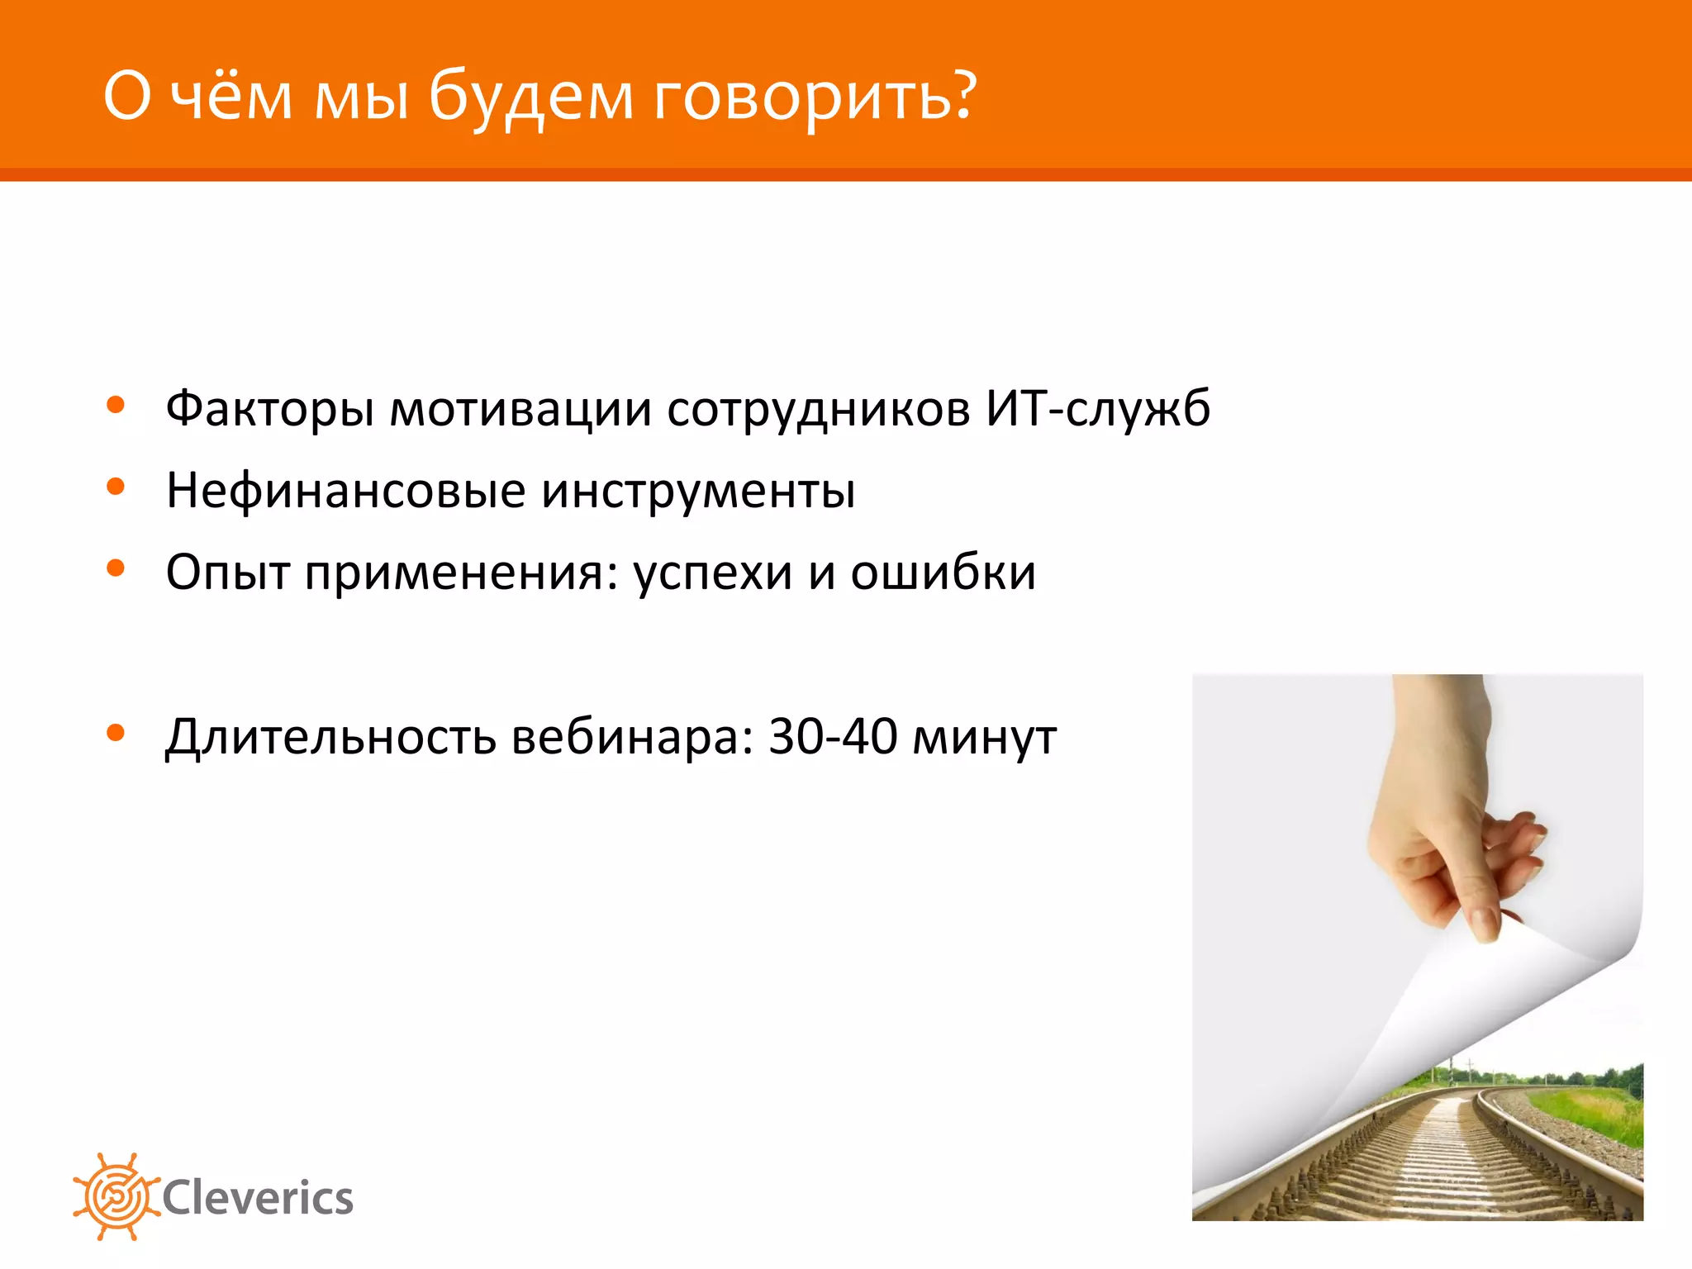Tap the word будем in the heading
click(x=530, y=97)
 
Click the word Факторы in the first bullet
click(x=269, y=409)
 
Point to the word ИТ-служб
click(x=1097, y=407)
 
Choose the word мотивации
click(x=520, y=409)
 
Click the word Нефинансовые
click(x=345, y=490)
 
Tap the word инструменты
click(x=698, y=491)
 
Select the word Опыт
click(x=227, y=573)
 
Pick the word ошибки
click(x=943, y=572)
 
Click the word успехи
click(x=712, y=573)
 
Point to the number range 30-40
click(x=832, y=735)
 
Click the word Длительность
click(x=330, y=736)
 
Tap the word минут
click(x=984, y=737)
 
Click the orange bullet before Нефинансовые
click(x=116, y=486)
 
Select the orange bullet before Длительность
click(x=116, y=732)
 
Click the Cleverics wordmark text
click(x=258, y=1198)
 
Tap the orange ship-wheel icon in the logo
click(x=115, y=1195)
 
